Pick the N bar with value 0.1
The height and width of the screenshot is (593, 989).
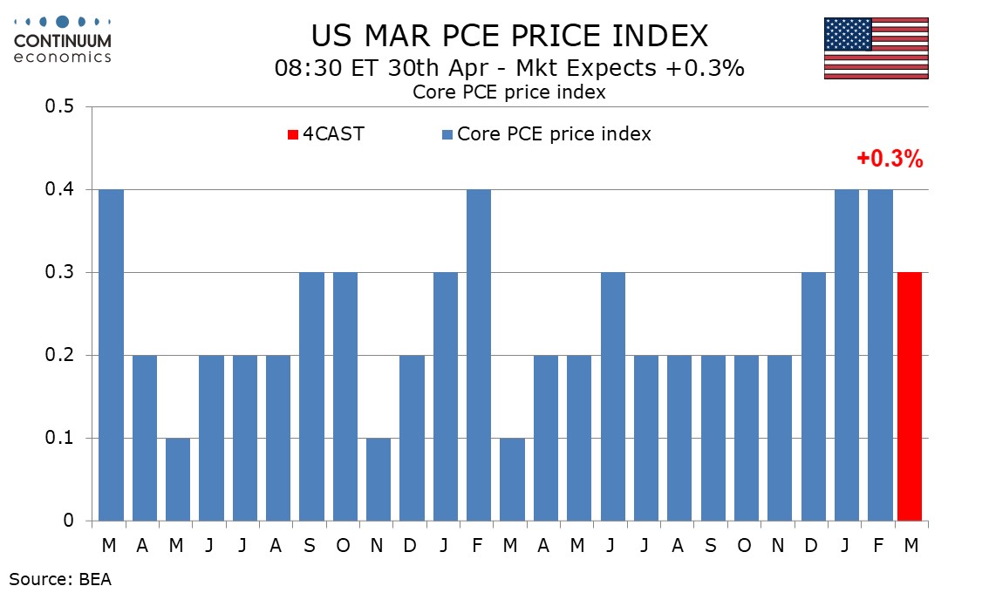(377, 479)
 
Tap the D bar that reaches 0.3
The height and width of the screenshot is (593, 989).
(811, 397)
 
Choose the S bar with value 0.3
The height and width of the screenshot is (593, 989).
(310, 397)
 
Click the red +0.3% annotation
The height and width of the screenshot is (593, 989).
(889, 159)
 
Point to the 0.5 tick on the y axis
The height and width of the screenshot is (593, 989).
(62, 107)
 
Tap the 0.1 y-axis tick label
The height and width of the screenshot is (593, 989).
(62, 438)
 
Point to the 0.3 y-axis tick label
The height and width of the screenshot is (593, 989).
(62, 273)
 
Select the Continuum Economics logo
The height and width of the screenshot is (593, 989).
(63, 38)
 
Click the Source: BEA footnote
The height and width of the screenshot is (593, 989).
(60, 577)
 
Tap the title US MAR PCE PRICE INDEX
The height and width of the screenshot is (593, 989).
(510, 36)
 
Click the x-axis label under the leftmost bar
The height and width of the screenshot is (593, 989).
(109, 546)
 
